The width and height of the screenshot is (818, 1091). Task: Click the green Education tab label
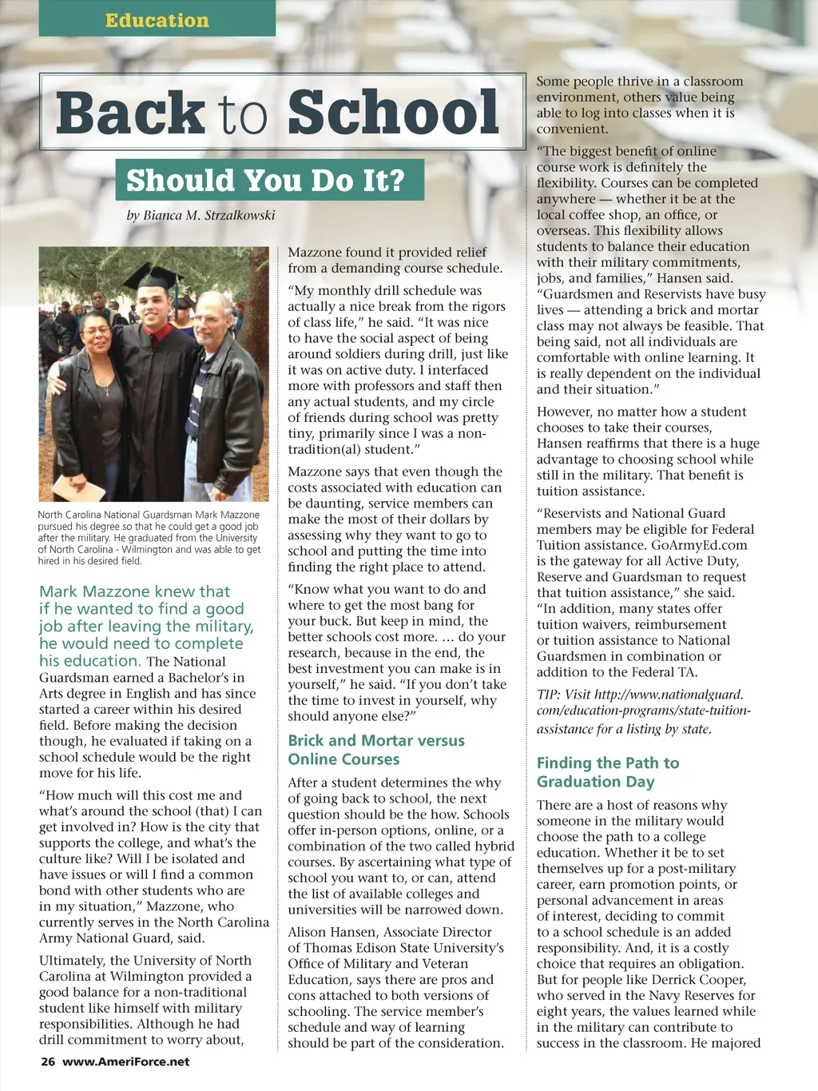point(157,20)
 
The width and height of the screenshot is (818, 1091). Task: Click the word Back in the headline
point(130,113)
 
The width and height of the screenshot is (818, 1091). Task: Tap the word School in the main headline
point(393,113)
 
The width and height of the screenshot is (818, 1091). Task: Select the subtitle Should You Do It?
point(266,181)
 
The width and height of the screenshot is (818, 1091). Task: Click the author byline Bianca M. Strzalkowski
point(209,215)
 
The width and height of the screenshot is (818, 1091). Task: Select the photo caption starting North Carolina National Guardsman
point(149,538)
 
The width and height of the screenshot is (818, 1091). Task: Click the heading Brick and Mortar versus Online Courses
point(375,750)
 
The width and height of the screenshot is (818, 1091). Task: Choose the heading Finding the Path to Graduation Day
point(608,772)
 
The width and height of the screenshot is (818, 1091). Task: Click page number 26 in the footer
point(48,1061)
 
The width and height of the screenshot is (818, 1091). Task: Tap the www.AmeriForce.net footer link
point(126,1061)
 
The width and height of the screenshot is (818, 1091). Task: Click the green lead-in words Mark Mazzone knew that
point(134,591)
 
